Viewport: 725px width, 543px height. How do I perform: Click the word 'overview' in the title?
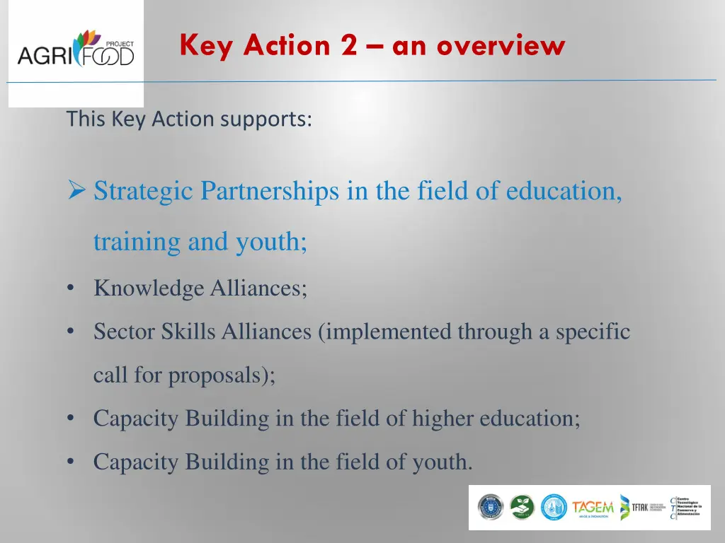501,46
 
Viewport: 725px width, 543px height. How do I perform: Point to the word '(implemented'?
385,332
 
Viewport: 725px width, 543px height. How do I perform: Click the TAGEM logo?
593,508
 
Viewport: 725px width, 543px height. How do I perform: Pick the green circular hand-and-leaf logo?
522,507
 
